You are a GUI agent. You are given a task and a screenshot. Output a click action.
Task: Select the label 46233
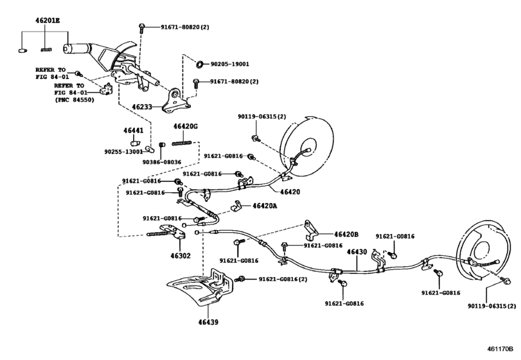[144, 107]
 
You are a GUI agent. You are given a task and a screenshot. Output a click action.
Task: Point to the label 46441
[134, 131]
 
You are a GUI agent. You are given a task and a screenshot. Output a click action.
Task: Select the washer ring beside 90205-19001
[200, 65]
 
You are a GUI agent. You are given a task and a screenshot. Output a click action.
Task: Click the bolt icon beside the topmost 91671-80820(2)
[141, 28]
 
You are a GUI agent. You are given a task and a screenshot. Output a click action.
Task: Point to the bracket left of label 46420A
[236, 206]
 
